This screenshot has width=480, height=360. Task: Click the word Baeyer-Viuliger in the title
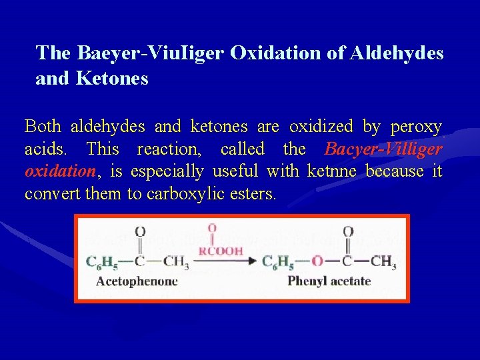point(151,53)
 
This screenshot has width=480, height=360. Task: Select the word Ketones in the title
point(113,79)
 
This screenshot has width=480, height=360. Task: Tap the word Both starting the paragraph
point(43,126)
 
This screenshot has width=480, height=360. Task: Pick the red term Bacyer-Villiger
point(383,149)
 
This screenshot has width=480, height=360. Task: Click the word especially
point(167,171)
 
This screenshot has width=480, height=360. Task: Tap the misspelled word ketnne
point(331,171)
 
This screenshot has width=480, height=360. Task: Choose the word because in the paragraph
point(395,171)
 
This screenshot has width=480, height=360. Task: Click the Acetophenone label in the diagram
point(137,281)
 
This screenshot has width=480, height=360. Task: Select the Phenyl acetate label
point(329,281)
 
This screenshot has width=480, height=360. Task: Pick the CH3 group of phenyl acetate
point(383,261)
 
